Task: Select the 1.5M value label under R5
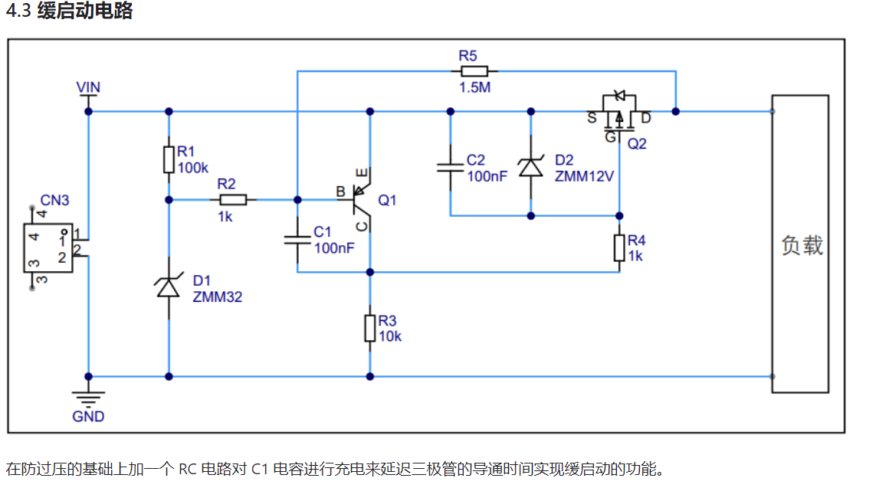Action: pyautogui.click(x=474, y=87)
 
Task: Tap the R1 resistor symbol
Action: pyautogui.click(x=169, y=159)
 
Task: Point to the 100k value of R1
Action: pyautogui.click(x=192, y=167)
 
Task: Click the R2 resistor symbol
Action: pyautogui.click(x=232, y=199)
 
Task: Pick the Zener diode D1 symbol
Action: pyautogui.click(x=169, y=287)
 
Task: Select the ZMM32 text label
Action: pyautogui.click(x=218, y=297)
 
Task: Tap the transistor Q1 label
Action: pyautogui.click(x=388, y=200)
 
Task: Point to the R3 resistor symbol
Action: pyautogui.click(x=370, y=328)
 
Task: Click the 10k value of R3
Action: pyautogui.click(x=389, y=336)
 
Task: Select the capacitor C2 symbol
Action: pyautogui.click(x=450, y=166)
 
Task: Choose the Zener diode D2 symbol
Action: pyautogui.click(x=530, y=166)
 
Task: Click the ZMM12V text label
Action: pyautogui.click(x=585, y=175)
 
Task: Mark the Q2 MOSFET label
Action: pyautogui.click(x=636, y=143)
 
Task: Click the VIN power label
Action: pyautogui.click(x=89, y=87)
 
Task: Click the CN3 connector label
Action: pyautogui.click(x=54, y=201)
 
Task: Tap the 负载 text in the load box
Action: pyautogui.click(x=802, y=245)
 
